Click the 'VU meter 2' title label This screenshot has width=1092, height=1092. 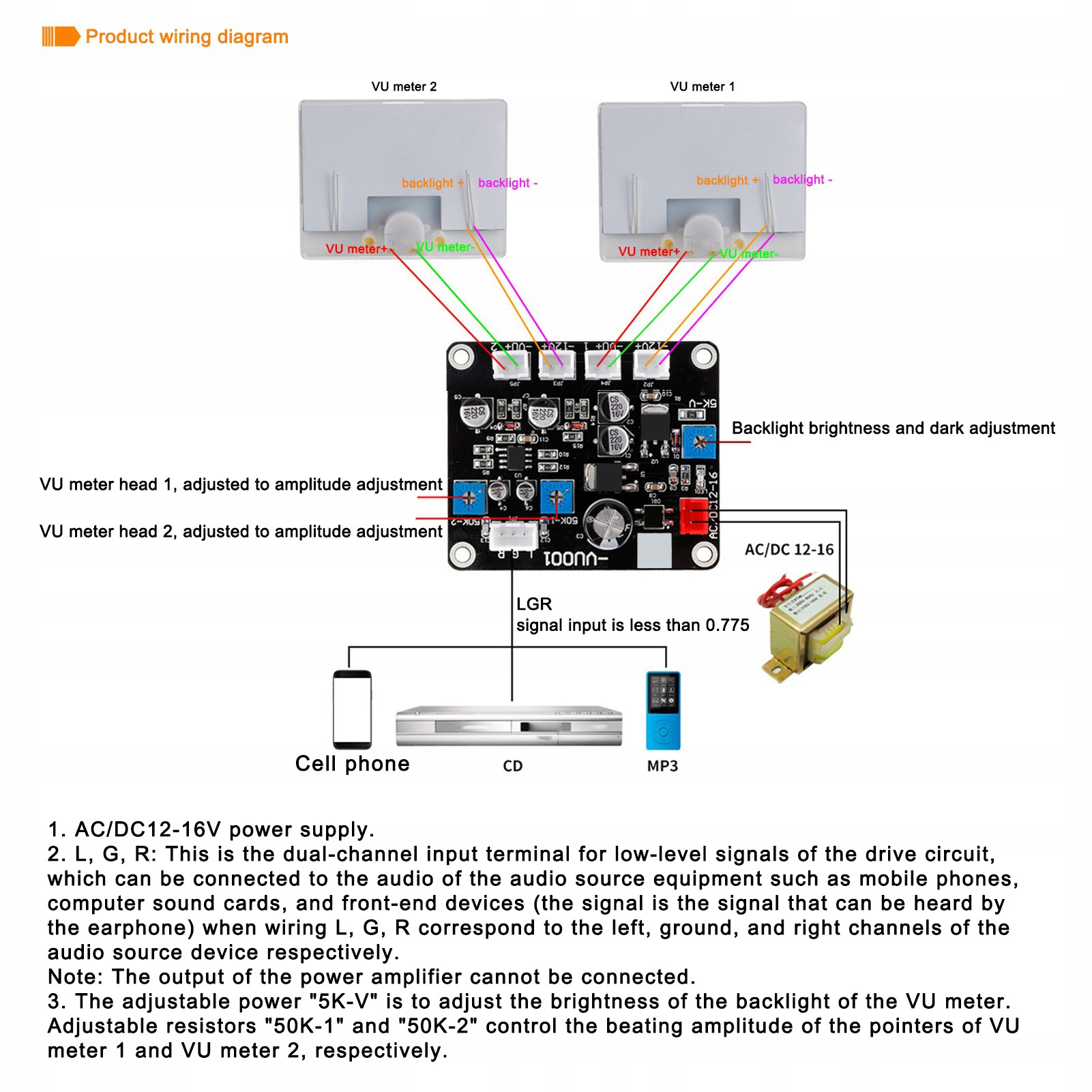click(404, 87)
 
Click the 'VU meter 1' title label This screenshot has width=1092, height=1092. click(702, 87)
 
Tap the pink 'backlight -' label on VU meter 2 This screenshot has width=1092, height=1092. click(507, 183)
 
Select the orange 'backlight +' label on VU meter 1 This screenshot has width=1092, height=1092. click(726, 180)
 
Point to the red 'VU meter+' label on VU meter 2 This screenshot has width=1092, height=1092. click(356, 249)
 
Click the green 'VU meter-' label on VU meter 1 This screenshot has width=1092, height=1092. click(749, 254)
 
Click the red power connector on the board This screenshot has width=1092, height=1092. click(694, 516)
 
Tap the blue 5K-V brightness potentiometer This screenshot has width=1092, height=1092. click(698, 441)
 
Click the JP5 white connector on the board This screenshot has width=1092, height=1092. click(511, 365)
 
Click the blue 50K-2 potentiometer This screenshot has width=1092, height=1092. click(469, 498)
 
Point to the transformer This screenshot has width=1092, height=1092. click(808, 628)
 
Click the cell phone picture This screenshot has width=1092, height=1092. click(352, 709)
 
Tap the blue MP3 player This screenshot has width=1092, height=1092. click(663, 711)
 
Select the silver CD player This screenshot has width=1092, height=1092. click(509, 726)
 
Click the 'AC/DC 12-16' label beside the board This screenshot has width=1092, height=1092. click(788, 550)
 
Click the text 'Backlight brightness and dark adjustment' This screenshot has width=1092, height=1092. click(893, 428)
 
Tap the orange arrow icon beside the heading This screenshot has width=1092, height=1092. click(61, 36)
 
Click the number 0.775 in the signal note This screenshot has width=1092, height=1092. click(727, 625)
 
